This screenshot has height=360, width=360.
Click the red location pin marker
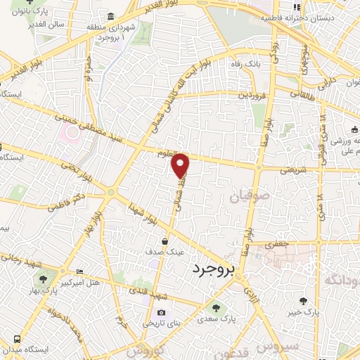[181, 165]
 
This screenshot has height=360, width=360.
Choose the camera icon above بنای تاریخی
[161, 313]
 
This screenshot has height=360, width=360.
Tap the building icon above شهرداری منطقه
[111, 17]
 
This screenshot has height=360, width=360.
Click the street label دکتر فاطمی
[57, 203]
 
